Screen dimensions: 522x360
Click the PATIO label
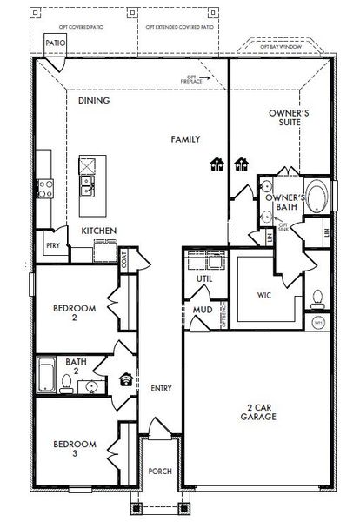point(54,42)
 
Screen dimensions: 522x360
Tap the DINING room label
point(93,100)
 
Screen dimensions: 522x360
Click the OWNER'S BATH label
point(284,203)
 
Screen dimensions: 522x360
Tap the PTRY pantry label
point(51,246)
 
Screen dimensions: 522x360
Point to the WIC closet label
point(264,295)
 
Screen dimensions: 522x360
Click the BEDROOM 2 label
point(70,312)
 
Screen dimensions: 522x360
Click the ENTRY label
point(160,388)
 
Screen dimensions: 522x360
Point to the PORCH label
point(160,471)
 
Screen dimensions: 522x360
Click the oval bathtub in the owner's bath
point(320,197)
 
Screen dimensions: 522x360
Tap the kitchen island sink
point(87,183)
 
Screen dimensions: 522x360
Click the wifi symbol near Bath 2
point(126,378)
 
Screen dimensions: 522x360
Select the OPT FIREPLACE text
point(193,79)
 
